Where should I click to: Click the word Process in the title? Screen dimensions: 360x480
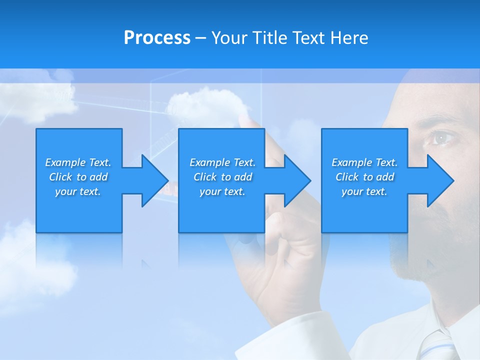pyautogui.click(x=157, y=38)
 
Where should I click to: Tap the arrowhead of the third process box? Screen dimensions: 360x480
pyautogui.click(x=439, y=180)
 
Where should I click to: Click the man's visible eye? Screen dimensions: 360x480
pyautogui.click(x=442, y=137)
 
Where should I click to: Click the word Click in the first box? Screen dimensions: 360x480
pyautogui.click(x=61, y=177)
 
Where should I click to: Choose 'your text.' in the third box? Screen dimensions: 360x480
pyautogui.click(x=364, y=191)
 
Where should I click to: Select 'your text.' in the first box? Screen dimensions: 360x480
pyautogui.click(x=78, y=191)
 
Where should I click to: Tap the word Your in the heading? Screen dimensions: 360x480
pyautogui.click(x=227, y=38)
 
